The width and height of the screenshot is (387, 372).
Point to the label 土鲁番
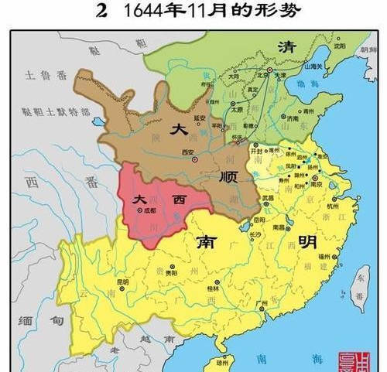point(38,76)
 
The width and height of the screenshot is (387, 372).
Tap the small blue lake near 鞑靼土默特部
point(98,121)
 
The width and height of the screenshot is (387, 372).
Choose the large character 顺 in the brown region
point(228,177)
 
